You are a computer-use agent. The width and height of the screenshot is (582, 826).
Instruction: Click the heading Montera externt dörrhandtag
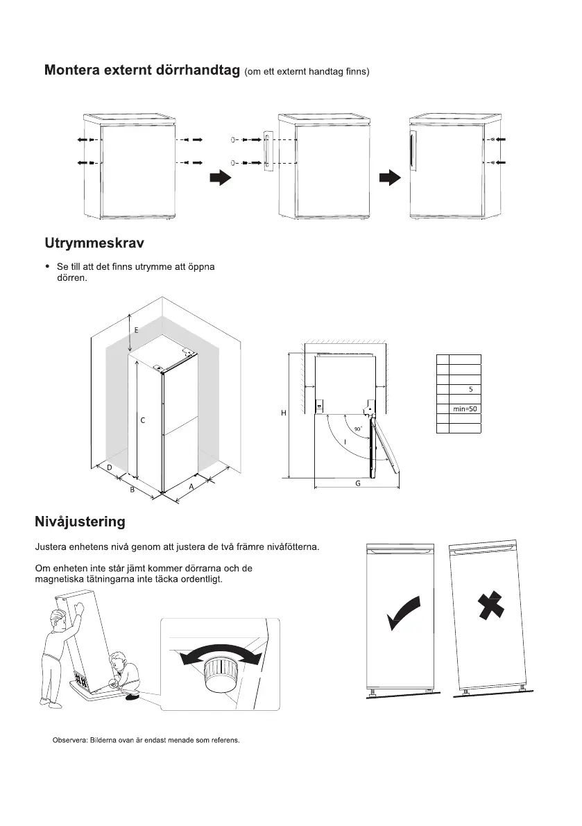click(x=143, y=71)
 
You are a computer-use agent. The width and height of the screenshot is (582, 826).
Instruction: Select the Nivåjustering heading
click(x=80, y=521)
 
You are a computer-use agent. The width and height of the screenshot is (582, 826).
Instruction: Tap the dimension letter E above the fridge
click(x=136, y=330)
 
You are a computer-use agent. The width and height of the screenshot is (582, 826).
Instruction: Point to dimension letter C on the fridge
click(x=142, y=420)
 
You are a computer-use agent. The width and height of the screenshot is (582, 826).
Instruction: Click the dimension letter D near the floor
click(x=110, y=467)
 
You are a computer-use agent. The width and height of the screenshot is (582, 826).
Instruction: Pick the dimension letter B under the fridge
click(x=132, y=490)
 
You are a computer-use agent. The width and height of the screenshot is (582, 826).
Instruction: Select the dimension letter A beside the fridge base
click(x=191, y=487)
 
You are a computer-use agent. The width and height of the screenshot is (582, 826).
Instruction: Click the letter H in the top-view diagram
click(x=283, y=413)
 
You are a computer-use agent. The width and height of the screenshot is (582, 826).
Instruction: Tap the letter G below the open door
click(x=358, y=483)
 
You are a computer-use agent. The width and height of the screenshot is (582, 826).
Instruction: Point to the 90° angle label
click(x=358, y=430)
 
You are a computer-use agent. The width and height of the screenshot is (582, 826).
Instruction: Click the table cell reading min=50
click(x=465, y=409)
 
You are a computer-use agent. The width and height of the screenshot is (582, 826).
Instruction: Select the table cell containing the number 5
click(x=470, y=390)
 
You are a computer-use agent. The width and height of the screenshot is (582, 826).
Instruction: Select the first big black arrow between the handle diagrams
click(x=220, y=178)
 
